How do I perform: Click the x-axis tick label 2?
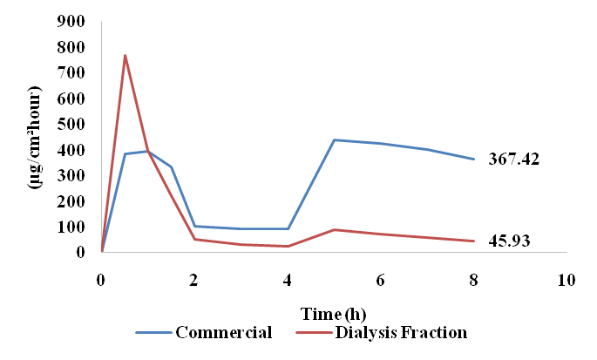pos(194,281)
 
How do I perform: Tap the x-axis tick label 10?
pos(566,281)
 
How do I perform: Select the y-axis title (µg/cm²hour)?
pos(35,138)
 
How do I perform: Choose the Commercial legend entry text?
pos(224,332)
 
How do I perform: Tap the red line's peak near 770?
pos(126,56)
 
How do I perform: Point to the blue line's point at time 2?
pos(194,226)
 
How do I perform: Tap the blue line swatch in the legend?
pos(153,333)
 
